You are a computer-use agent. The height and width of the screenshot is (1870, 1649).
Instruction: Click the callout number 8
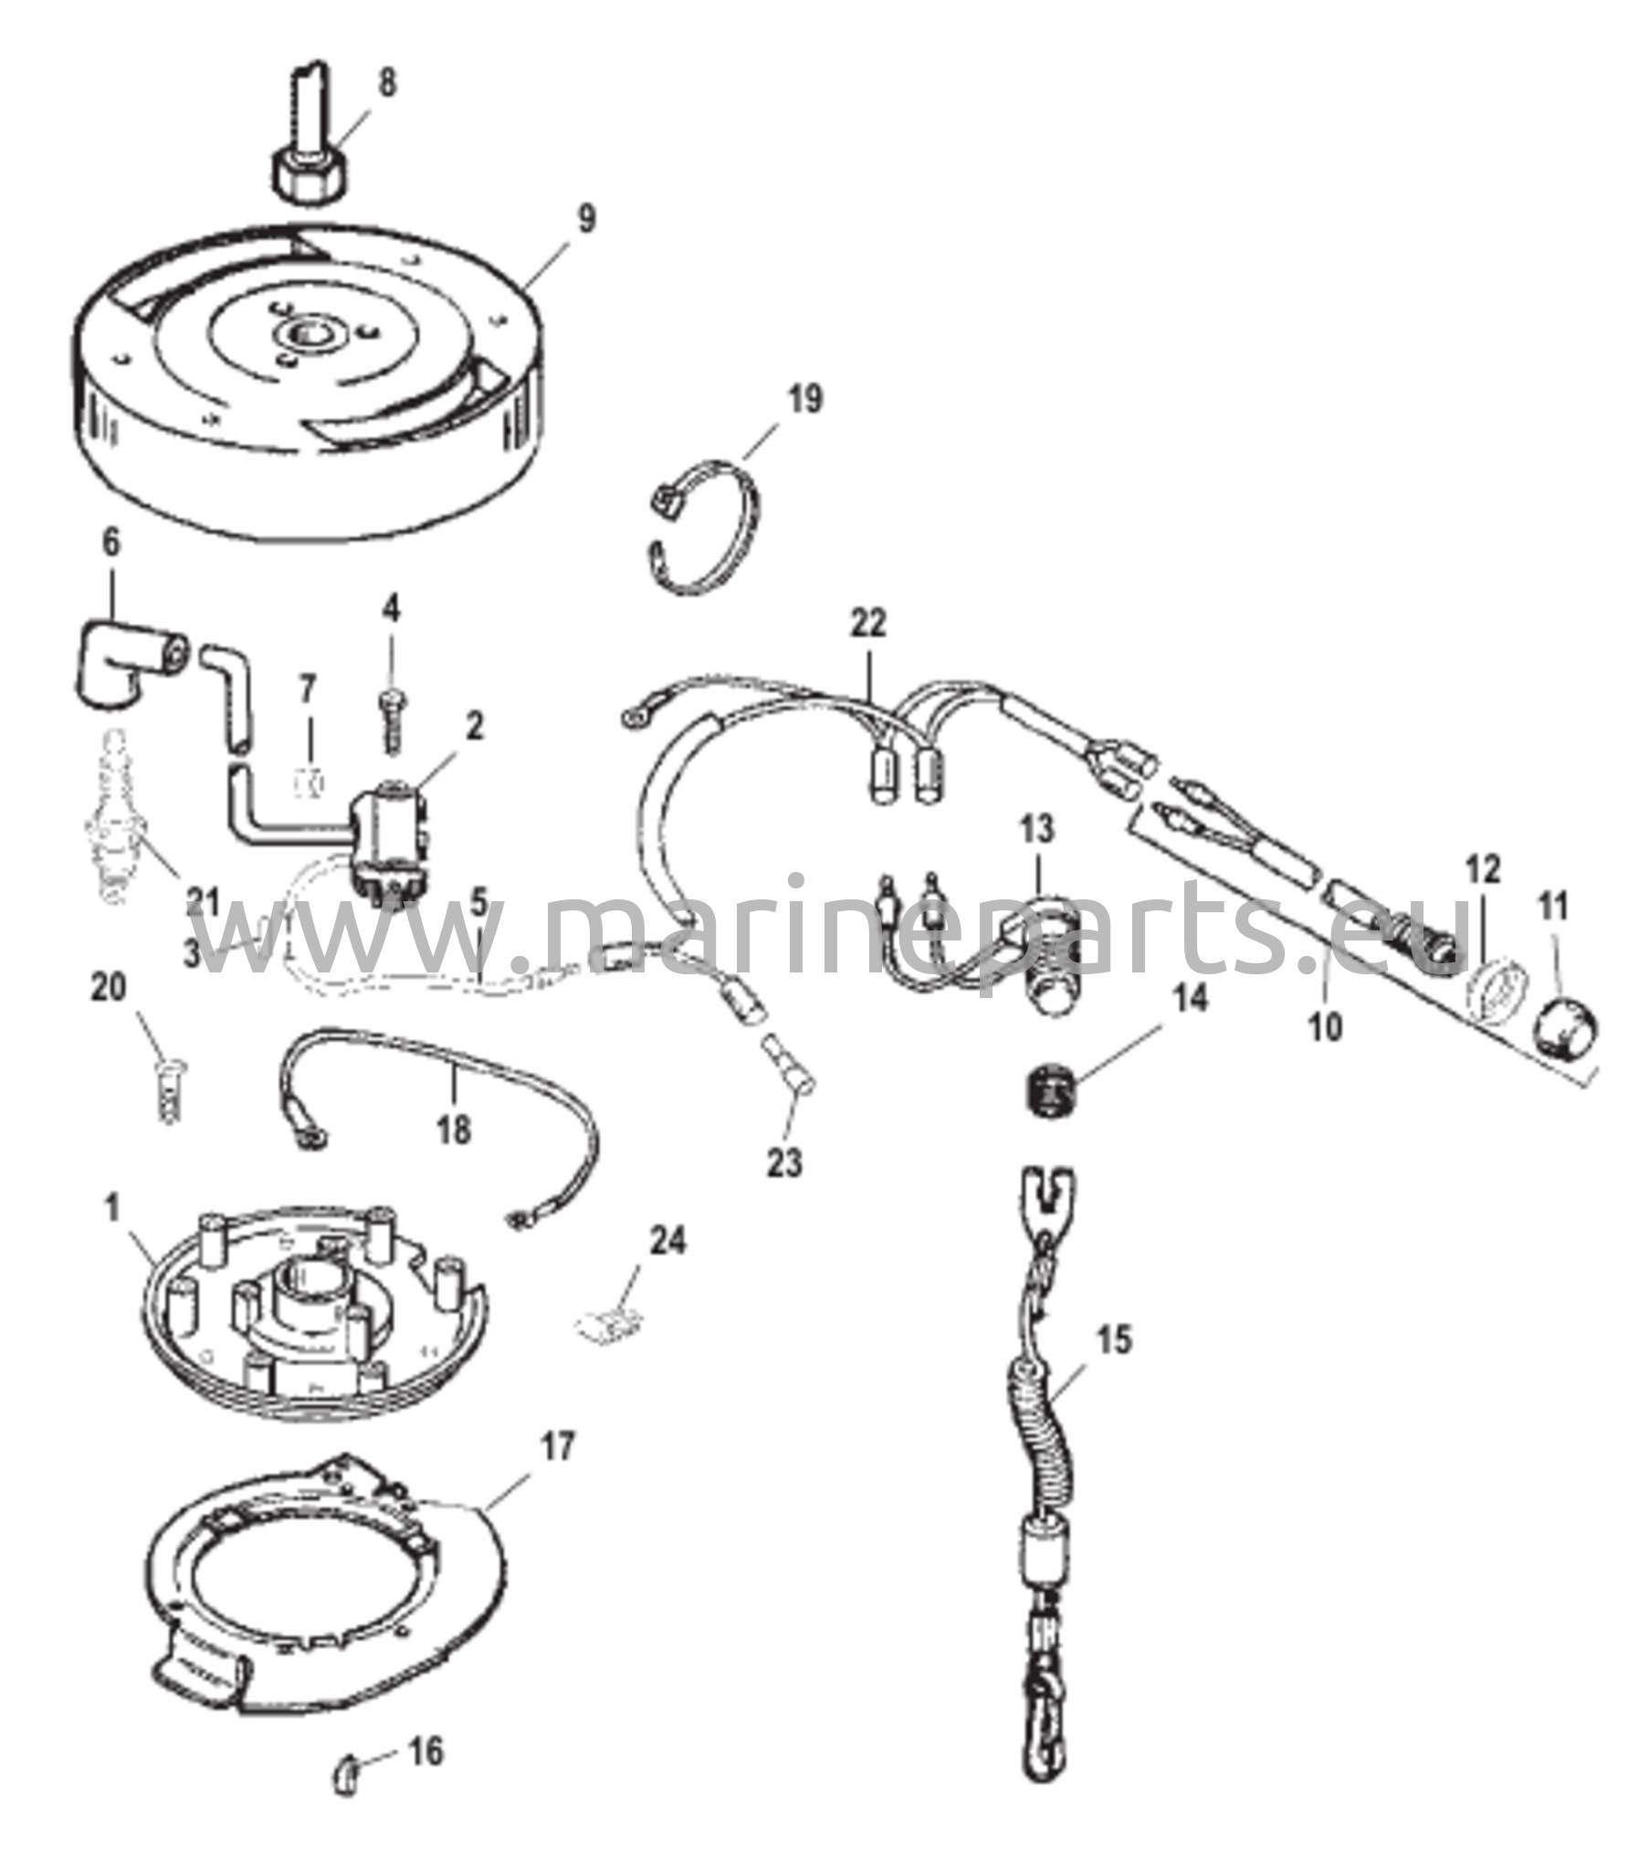[x=387, y=82]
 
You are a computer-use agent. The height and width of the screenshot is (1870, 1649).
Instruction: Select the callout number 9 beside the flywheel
[x=585, y=219]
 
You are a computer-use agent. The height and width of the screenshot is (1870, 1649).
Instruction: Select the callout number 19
[x=805, y=400]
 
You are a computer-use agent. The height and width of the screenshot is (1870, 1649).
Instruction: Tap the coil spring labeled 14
[x=1047, y=1090]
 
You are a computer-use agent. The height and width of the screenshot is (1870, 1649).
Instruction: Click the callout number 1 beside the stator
[x=112, y=1209]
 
